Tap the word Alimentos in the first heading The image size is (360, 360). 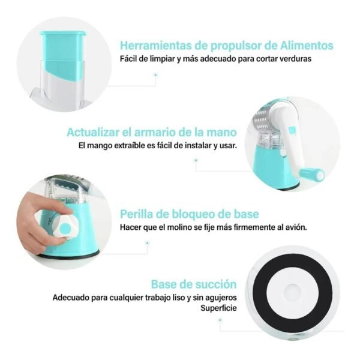[307, 46]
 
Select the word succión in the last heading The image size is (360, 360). [216, 284]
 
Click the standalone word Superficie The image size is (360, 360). [218, 308]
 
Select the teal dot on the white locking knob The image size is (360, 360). [66, 229]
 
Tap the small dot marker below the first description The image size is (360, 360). [155, 75]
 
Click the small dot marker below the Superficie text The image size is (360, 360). [220, 319]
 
